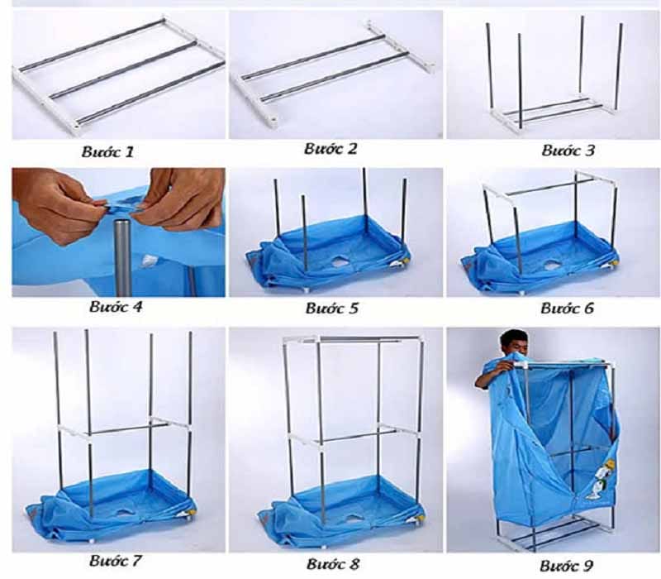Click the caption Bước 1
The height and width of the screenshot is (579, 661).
107,152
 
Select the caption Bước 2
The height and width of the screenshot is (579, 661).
330,149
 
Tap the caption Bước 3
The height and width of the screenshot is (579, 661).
568,151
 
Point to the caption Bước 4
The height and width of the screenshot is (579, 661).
116,307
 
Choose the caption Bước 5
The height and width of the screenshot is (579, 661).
332,309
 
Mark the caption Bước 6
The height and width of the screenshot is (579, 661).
567,309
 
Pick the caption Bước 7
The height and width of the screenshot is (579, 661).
115,561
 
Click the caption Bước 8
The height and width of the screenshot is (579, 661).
333,564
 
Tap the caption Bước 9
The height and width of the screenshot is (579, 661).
567,566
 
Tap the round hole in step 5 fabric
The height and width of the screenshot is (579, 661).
340,262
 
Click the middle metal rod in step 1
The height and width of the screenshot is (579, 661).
123,69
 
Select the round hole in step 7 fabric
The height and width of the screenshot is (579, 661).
125,513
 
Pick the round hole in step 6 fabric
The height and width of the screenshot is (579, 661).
550,265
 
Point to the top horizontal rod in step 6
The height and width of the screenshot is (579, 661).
549,187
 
